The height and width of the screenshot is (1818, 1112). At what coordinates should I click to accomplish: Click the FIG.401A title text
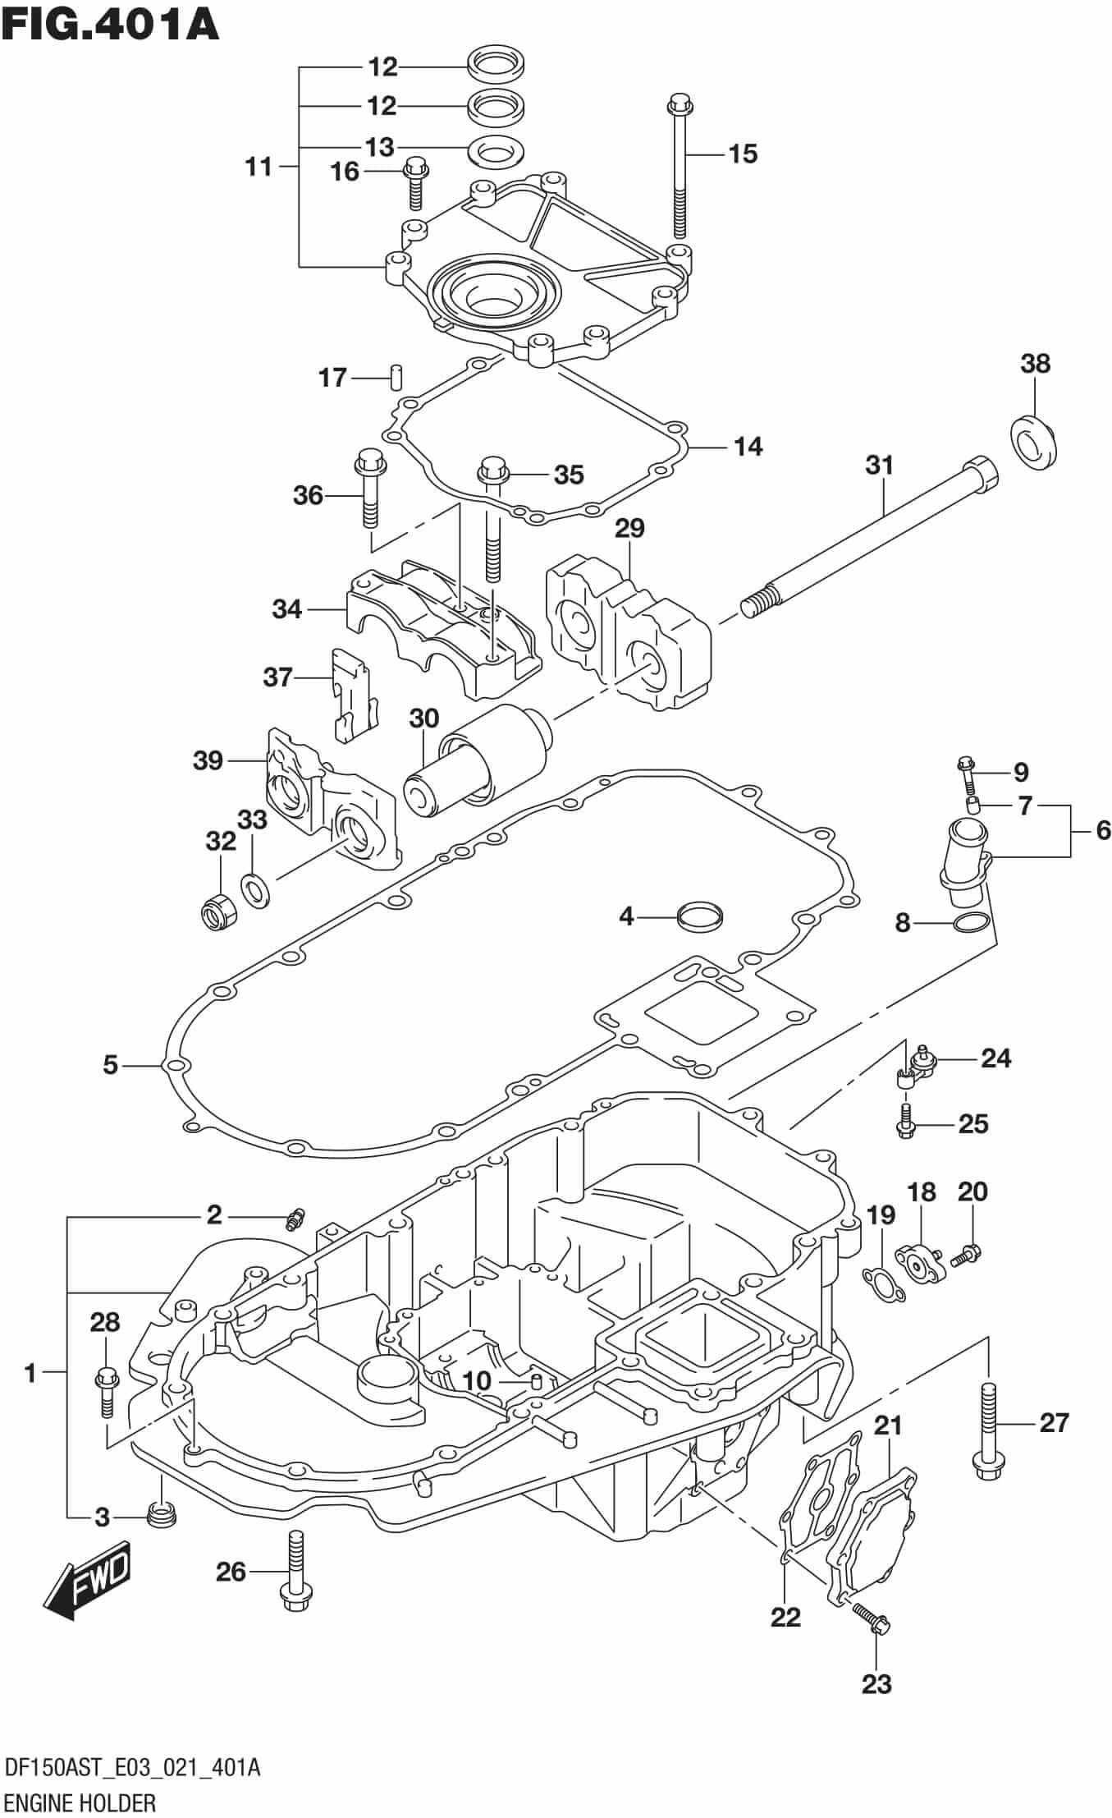pos(110,25)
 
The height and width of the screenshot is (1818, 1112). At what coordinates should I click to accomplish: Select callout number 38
pos(1035,363)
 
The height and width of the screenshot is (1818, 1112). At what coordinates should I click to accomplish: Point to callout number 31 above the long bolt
pos(879,465)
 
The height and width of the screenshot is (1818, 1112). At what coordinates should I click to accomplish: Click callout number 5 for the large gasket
pos(111,1065)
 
